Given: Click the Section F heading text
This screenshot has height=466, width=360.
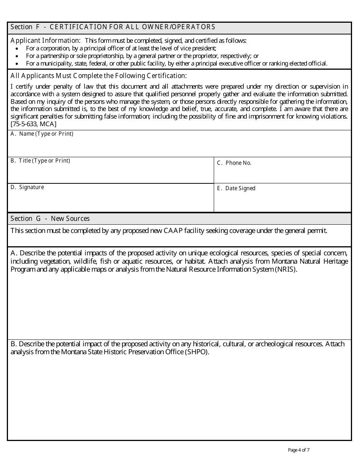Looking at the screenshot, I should (113, 27).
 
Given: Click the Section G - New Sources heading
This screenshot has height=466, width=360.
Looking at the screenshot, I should (50, 219).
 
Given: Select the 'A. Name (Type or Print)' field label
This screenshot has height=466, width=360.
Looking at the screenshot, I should (42, 134).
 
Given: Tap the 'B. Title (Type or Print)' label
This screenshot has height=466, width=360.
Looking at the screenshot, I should (40, 161).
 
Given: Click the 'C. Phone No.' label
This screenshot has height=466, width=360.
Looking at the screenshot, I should (234, 163).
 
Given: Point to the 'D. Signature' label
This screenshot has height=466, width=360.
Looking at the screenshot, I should (27, 187).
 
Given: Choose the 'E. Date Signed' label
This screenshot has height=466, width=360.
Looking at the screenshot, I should (236, 188).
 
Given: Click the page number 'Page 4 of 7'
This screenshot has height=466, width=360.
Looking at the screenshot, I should (299, 450).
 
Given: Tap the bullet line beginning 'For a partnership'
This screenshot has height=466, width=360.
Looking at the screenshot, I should (142, 56).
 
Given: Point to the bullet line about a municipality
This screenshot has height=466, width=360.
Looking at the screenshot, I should (176, 63).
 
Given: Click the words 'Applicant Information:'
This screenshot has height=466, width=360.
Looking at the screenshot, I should (45, 41).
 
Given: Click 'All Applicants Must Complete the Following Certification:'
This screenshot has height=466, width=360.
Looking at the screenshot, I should (99, 76).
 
